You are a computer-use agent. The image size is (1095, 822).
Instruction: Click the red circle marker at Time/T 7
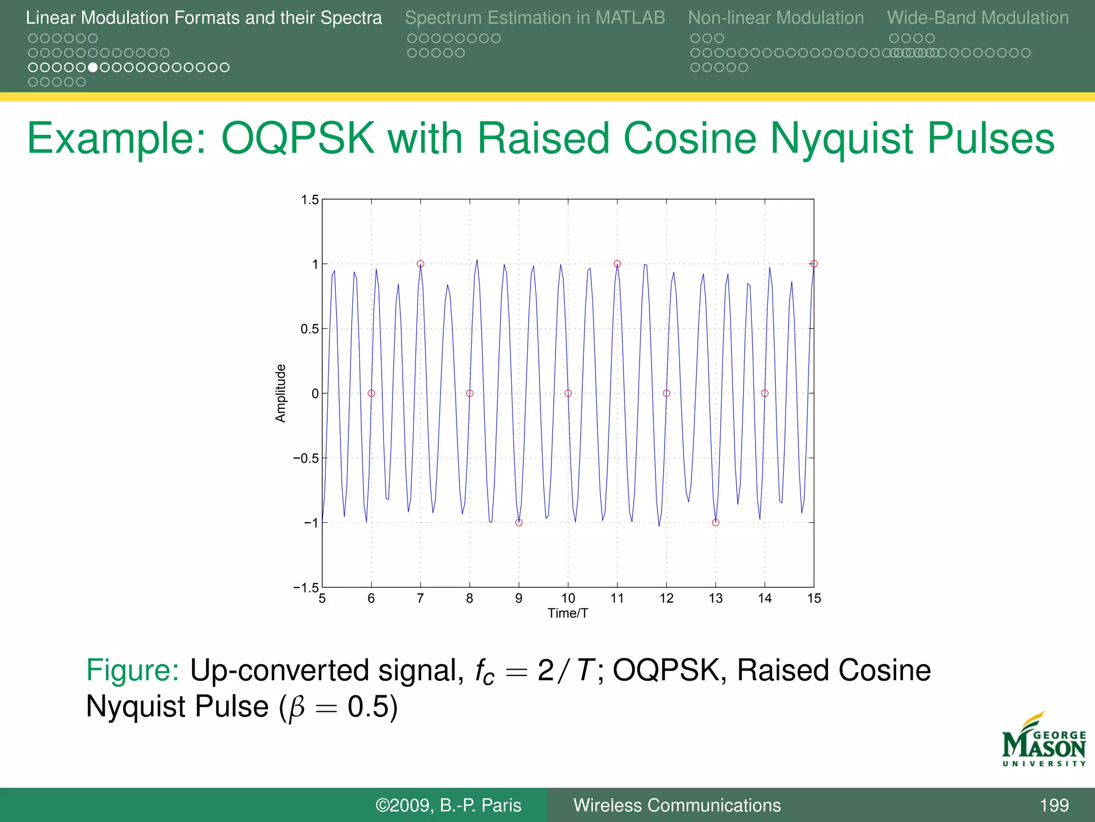(420, 264)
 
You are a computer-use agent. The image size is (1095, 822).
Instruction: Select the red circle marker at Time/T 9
(519, 523)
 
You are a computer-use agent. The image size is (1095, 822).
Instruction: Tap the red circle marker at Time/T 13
(715, 523)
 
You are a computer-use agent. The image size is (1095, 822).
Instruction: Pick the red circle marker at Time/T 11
(617, 264)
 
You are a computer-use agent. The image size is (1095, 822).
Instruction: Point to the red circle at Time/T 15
(814, 264)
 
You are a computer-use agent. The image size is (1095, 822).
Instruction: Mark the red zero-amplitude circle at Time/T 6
(371, 393)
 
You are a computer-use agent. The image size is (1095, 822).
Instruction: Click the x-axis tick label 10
(568, 598)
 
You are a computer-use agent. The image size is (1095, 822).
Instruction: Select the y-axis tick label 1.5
(310, 200)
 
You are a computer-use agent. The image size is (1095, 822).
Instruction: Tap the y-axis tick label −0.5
(306, 459)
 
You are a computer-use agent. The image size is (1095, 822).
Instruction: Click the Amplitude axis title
(281, 393)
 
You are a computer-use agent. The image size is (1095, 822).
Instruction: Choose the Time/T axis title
(568, 613)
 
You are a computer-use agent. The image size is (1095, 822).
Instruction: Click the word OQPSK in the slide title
(297, 139)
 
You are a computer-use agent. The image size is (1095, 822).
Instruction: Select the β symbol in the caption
(297, 707)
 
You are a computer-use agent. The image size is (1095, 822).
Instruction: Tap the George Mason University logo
(1044, 741)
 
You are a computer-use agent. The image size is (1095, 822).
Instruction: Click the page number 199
(1054, 805)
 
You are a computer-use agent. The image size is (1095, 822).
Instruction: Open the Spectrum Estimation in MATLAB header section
(535, 18)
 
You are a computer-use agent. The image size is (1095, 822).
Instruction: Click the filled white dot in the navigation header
(93, 67)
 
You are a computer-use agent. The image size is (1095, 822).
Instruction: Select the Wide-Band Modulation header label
(978, 18)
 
